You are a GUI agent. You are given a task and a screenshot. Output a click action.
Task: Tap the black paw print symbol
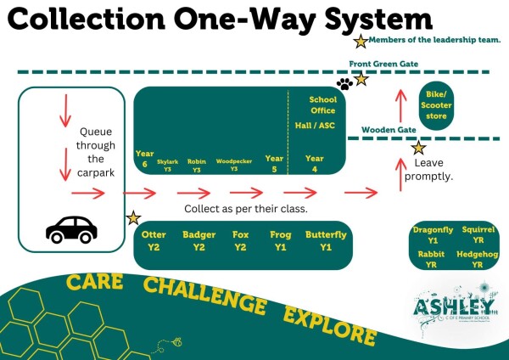pos(344,84)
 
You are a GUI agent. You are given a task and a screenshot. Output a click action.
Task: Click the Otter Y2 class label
pos(154,240)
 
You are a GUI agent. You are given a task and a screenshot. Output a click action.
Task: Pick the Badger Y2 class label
pos(199,240)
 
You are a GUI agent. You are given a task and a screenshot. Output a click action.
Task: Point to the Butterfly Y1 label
pos(326,240)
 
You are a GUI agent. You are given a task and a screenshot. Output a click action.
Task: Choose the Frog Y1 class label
pos(282,240)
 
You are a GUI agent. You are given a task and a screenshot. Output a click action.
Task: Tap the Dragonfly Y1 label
pos(433,235)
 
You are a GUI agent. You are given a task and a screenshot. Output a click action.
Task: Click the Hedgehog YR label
pos(478,259)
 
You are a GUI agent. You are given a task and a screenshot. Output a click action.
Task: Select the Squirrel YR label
pos(478,235)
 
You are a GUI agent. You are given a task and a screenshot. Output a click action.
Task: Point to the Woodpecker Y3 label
pos(233,163)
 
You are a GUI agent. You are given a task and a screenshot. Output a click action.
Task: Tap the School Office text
pos(322,104)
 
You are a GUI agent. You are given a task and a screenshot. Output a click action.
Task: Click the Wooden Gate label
pos(388,129)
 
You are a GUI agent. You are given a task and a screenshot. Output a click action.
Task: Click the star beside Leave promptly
pos(418,148)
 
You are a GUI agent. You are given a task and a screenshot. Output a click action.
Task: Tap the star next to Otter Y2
pos(132,218)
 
